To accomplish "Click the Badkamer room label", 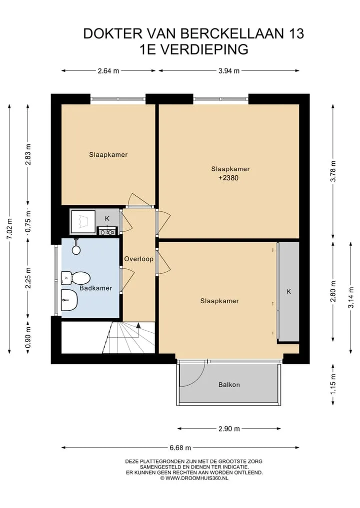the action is pyautogui.click(x=95, y=288).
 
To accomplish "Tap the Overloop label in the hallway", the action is pyautogui.click(x=139, y=259).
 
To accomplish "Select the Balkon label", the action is pyautogui.click(x=229, y=385).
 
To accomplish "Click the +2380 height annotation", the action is pyautogui.click(x=228, y=178).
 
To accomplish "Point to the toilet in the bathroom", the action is pyautogui.click(x=75, y=278).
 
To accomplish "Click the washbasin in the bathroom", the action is pyautogui.click(x=69, y=300).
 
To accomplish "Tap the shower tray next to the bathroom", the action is pyautogui.click(x=83, y=222).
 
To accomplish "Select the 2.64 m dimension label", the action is pyautogui.click(x=108, y=71).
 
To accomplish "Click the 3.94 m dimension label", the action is pyautogui.click(x=229, y=71).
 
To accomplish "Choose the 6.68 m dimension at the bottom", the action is pyautogui.click(x=180, y=448).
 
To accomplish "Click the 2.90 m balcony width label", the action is pyautogui.click(x=229, y=429).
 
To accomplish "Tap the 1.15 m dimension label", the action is pyautogui.click(x=333, y=384).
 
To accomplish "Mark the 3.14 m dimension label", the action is pyautogui.click(x=351, y=298).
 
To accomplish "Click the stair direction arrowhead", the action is pyautogui.click(x=138, y=325).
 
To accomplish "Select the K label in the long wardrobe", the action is pyautogui.click(x=288, y=292).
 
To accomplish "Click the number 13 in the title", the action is pyautogui.click(x=295, y=33).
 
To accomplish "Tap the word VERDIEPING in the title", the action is pyautogui.click(x=204, y=49).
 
